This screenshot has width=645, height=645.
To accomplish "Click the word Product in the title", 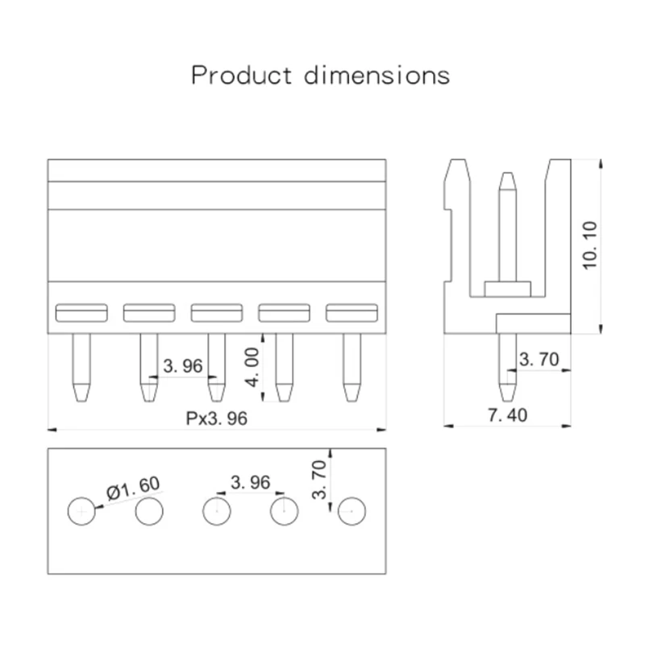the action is [242, 75].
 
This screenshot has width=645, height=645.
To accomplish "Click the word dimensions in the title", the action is [377, 75].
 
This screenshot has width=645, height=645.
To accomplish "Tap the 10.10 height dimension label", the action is [590, 246].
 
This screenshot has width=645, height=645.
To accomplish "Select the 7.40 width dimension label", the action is [507, 415].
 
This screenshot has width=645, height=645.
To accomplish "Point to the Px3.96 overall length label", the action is [217, 418].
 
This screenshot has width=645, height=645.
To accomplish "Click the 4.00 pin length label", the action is [252, 368].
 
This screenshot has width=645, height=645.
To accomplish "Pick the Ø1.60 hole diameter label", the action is [133, 488].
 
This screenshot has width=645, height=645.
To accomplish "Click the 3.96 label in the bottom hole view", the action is [251, 482].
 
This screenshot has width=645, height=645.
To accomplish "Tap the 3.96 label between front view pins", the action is [183, 366].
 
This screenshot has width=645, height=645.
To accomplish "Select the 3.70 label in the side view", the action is [539, 359].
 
